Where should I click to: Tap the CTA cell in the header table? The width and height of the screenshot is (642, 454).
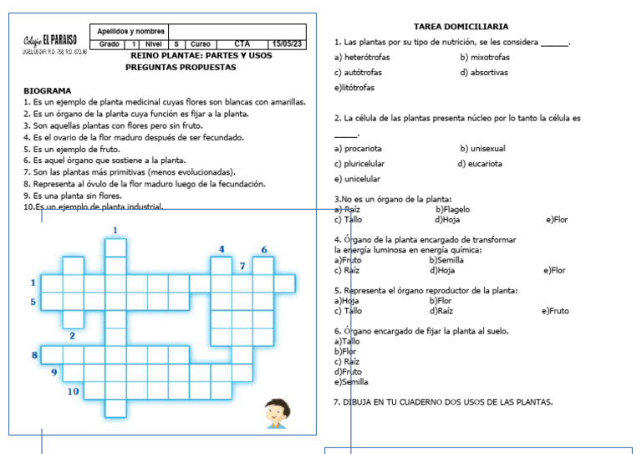(242, 44)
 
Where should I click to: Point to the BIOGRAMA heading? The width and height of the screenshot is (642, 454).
(47, 90)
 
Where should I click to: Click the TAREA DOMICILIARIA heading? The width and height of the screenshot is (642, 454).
(461, 27)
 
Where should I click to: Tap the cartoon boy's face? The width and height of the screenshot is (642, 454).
(276, 411)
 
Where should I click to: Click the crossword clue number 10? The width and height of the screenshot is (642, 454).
(74, 390)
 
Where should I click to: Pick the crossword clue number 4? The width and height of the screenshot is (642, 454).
(222, 249)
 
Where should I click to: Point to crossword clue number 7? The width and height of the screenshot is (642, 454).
(242, 266)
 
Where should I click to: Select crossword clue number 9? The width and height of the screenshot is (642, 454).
(54, 372)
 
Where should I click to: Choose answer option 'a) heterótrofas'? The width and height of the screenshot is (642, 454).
(361, 58)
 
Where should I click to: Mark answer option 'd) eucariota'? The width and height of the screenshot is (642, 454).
(480, 164)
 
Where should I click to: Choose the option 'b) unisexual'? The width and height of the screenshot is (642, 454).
(482, 149)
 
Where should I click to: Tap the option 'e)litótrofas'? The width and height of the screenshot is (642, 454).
(354, 88)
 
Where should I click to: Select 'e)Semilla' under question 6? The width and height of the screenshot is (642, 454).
(351, 381)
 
